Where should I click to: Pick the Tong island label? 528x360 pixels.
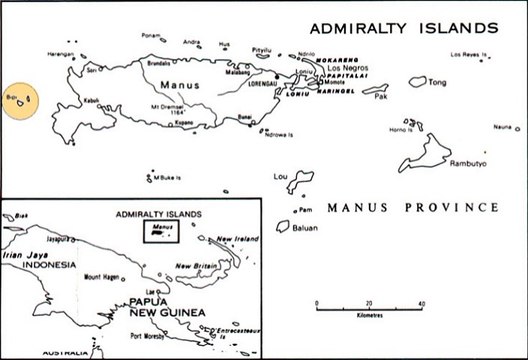coord(438,83)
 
